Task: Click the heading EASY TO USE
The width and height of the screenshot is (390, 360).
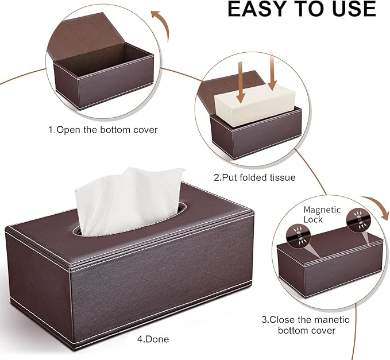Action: pos(302,9)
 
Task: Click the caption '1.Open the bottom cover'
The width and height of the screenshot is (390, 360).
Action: pos(102,130)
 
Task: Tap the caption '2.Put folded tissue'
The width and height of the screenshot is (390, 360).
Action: pos(254,177)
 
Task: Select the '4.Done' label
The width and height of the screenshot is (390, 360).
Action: pos(153,339)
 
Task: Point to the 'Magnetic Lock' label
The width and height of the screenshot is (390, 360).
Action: pos(322,214)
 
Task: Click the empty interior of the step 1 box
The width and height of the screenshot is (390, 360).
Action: pos(109,63)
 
